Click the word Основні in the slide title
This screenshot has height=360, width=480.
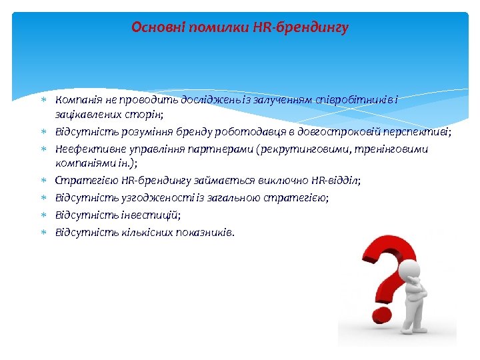[154, 27]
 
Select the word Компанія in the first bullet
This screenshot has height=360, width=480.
[78, 99]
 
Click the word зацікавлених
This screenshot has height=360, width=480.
[83, 115]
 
